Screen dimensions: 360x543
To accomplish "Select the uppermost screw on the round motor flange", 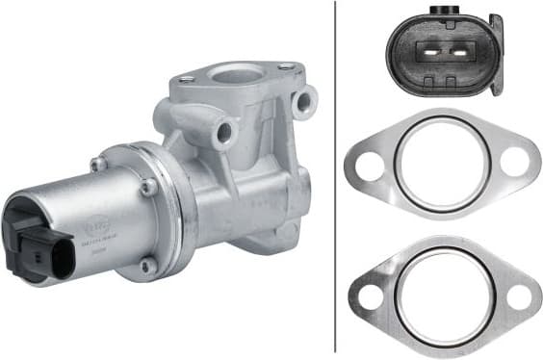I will click(x=98, y=164).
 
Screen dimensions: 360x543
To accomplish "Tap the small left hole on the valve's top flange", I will click(x=187, y=80).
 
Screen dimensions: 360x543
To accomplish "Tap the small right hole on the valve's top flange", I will click(x=286, y=66).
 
